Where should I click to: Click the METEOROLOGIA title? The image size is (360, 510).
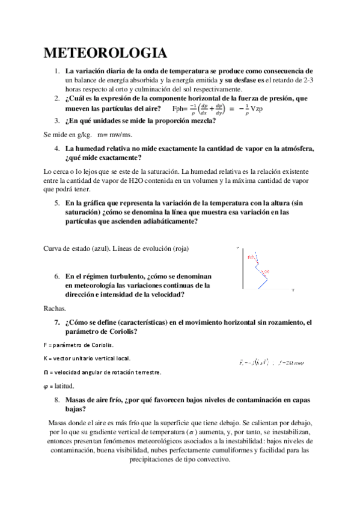[x=105, y=52]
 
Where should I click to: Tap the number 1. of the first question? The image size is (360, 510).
[x=56, y=70]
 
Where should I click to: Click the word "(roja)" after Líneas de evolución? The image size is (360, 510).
[x=185, y=249]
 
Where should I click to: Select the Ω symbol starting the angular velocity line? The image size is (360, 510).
[x=47, y=373]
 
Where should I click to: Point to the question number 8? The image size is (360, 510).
[x=56, y=399]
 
